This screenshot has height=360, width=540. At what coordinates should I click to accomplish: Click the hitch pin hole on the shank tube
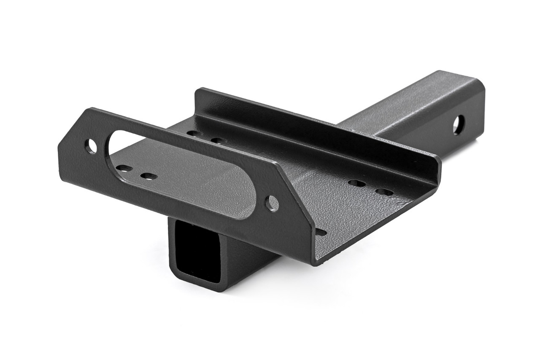459,125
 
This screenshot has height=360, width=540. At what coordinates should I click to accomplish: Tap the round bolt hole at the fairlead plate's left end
91,146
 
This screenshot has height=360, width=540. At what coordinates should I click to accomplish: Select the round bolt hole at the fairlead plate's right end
272,203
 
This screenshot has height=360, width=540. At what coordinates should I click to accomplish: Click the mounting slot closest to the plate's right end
383,192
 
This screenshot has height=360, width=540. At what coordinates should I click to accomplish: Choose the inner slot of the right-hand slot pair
357,183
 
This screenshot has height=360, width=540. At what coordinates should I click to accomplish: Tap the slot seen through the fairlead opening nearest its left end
124,168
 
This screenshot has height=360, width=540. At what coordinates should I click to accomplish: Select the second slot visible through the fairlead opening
148,176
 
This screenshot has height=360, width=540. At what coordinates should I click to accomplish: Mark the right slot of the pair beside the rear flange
218,140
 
